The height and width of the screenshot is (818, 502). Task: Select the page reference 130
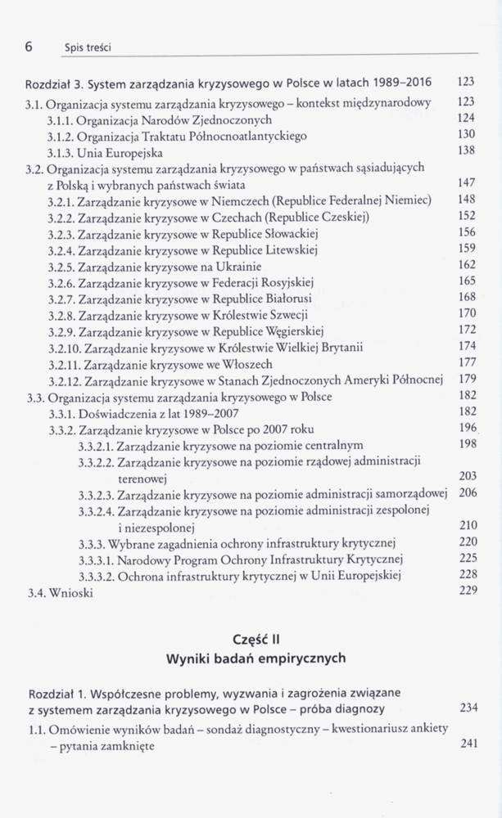coord(467,134)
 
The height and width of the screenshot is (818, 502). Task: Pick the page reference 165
coord(467,281)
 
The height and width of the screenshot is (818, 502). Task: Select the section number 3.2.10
coord(65,347)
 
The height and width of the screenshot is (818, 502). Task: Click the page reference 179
coord(467,379)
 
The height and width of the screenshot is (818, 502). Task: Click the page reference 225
coord(467,560)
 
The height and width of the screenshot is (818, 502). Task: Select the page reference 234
coord(467,707)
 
